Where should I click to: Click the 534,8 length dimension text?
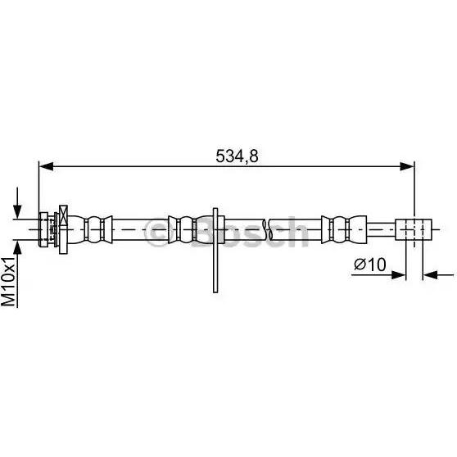(x=237, y=156)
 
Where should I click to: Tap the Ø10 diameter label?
(x=370, y=265)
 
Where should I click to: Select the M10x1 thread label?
(x=8, y=282)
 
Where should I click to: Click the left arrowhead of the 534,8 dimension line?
(x=46, y=167)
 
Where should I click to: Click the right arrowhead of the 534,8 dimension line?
(x=407, y=167)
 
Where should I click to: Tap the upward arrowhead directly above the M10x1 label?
(x=17, y=247)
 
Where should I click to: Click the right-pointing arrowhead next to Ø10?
(x=399, y=275)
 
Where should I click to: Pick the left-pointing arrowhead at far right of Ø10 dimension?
(x=430, y=275)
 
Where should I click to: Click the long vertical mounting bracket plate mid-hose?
(x=215, y=250)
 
